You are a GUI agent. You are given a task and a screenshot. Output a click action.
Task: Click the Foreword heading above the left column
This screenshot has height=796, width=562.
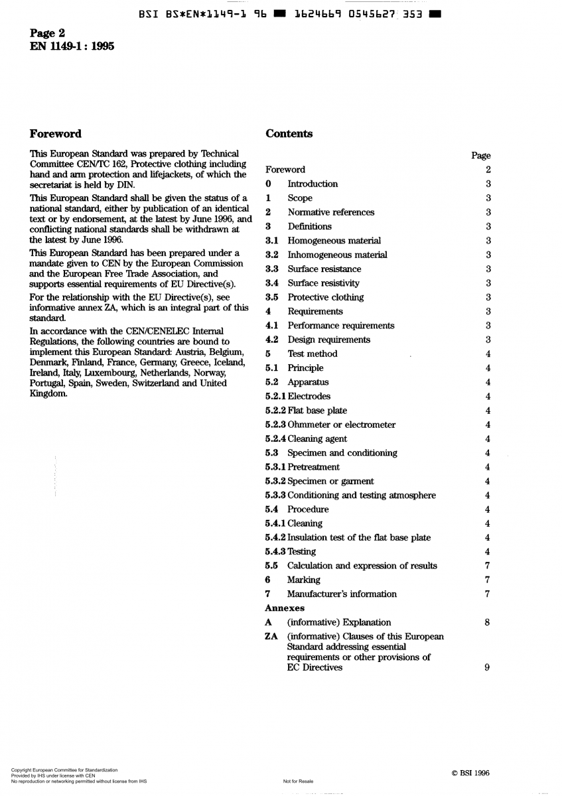56,134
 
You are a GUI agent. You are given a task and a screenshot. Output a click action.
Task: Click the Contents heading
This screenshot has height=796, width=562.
289,134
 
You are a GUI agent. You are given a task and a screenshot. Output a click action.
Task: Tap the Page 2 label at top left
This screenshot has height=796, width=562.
48,33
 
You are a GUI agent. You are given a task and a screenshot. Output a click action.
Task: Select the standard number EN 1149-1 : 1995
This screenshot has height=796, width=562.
72,46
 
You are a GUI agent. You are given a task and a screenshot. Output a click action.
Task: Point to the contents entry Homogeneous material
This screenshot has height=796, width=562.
334,241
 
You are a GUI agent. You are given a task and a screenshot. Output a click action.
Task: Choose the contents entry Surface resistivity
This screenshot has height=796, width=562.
323,283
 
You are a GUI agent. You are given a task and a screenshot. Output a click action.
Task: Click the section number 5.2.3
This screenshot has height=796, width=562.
275,425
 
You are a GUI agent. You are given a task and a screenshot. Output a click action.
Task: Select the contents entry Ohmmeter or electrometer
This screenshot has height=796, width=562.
341,425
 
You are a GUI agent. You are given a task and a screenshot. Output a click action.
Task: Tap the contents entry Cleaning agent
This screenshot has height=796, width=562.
317,439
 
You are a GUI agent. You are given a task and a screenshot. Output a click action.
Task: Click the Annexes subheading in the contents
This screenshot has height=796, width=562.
285,608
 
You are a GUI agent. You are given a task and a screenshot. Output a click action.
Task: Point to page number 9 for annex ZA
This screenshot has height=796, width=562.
487,668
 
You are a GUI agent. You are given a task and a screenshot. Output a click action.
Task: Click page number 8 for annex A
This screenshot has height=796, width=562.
487,622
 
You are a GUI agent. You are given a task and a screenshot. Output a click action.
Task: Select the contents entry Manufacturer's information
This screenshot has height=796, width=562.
342,594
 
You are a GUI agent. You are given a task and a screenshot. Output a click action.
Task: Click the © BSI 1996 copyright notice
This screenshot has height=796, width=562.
470,773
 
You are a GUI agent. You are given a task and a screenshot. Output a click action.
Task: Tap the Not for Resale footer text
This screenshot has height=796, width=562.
298,781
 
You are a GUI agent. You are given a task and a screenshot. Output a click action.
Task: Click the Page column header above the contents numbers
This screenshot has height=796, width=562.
480,156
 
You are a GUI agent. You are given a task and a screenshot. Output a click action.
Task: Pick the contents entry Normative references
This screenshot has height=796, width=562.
330,212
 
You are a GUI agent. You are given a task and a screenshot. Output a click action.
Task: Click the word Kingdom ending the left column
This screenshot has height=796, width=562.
48,393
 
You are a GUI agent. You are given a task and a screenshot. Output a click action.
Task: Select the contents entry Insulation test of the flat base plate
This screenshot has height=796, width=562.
359,537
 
